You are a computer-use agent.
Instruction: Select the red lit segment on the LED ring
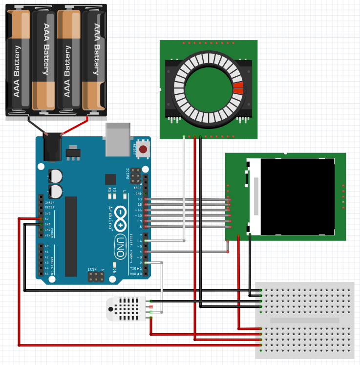coord(238,88)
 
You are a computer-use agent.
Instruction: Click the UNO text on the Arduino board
coord(119,245)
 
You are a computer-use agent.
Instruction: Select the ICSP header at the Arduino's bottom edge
coord(96,277)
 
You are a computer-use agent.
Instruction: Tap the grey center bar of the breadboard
coord(304,321)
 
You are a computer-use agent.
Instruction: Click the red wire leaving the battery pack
coord(76,125)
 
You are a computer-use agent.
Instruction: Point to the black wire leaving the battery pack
coord(37,125)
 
